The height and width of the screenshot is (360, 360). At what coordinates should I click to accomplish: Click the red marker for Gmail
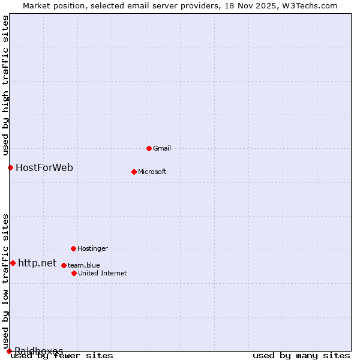coord(149,148)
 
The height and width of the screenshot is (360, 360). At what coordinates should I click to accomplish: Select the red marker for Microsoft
coord(134,172)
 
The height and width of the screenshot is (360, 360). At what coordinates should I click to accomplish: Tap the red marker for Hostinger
coord(73,248)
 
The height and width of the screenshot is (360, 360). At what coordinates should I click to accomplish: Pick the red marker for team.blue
coord(64,265)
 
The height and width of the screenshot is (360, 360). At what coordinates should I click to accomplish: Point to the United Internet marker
coord(74,273)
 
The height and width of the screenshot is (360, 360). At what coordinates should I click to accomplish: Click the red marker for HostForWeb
coord(10,167)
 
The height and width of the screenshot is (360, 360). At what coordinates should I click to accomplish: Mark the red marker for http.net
coord(13,263)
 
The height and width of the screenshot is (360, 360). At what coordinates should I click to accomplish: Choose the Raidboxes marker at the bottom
coord(9,351)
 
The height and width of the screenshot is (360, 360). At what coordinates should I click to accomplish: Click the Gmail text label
coord(162,148)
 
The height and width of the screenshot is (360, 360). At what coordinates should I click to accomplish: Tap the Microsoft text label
coord(152,172)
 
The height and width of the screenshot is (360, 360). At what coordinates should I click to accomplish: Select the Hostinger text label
coord(93,248)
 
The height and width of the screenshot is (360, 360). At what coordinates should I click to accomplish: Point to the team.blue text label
coord(84,265)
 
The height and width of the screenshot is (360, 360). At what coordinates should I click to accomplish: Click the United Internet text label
coord(103,273)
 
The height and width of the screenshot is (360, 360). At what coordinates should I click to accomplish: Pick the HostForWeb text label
coord(44,167)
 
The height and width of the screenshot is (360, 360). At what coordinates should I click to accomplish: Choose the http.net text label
coord(37,263)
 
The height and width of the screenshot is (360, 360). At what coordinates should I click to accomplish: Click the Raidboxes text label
coord(39,351)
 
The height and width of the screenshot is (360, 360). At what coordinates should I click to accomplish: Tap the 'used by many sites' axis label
coord(301,356)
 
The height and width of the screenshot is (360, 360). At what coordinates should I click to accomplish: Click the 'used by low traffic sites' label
coord(5,281)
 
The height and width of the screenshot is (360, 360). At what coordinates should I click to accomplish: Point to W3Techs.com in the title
coord(310,5)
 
